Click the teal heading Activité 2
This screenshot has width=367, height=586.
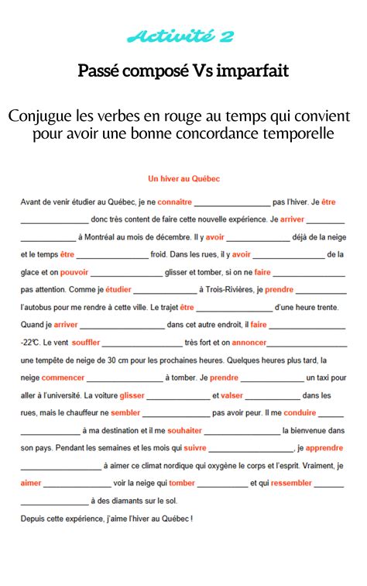tap(183, 36)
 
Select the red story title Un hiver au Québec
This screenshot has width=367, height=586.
tap(184, 178)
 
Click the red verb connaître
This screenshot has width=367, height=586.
tap(174, 202)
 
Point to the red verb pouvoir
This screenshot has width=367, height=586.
tap(74, 272)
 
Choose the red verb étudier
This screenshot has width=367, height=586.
tap(118, 290)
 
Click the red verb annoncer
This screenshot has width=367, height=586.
tap(249, 342)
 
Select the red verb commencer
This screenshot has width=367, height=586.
tap(63, 377)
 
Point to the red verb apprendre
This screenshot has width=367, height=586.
tap(324, 448)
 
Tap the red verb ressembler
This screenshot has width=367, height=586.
tap(291, 483)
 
